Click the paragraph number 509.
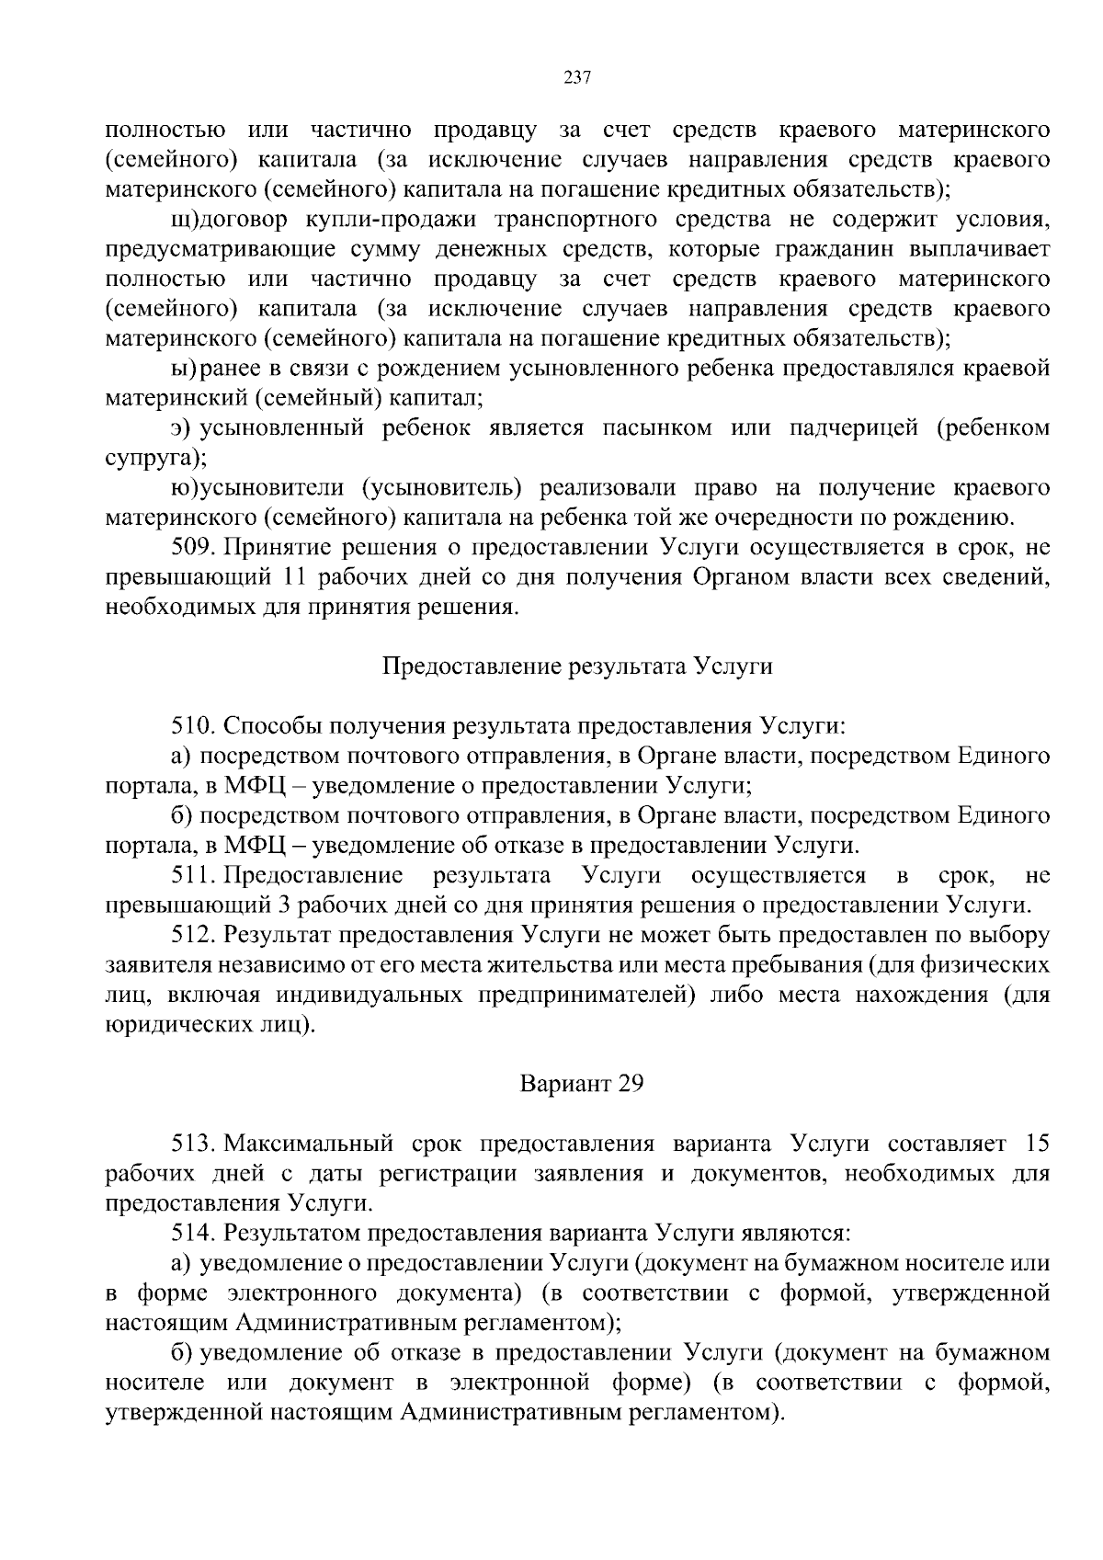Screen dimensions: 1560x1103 coord(193,548)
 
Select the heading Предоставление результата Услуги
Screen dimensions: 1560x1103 coord(577,666)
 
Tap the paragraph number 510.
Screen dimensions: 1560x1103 coord(193,726)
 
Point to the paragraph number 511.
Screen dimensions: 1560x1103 coord(193,875)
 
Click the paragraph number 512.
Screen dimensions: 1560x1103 coord(193,935)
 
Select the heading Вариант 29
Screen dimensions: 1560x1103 coord(582,1084)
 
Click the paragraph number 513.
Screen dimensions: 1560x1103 coord(193,1144)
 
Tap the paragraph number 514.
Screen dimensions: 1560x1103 coord(193,1233)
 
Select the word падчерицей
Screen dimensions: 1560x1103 coord(854,428)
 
